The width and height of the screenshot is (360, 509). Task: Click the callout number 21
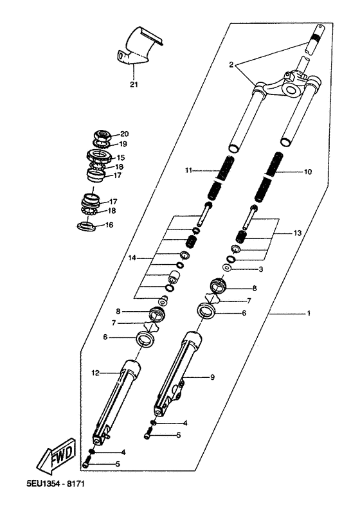click(134, 85)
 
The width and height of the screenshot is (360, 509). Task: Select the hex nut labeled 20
click(103, 135)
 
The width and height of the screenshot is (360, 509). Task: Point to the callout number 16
click(109, 225)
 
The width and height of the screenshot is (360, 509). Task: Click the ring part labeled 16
click(86, 226)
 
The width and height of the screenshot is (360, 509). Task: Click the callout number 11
click(189, 170)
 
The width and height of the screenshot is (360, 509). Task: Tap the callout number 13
click(298, 233)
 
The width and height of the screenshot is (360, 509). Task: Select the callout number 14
click(132, 258)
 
